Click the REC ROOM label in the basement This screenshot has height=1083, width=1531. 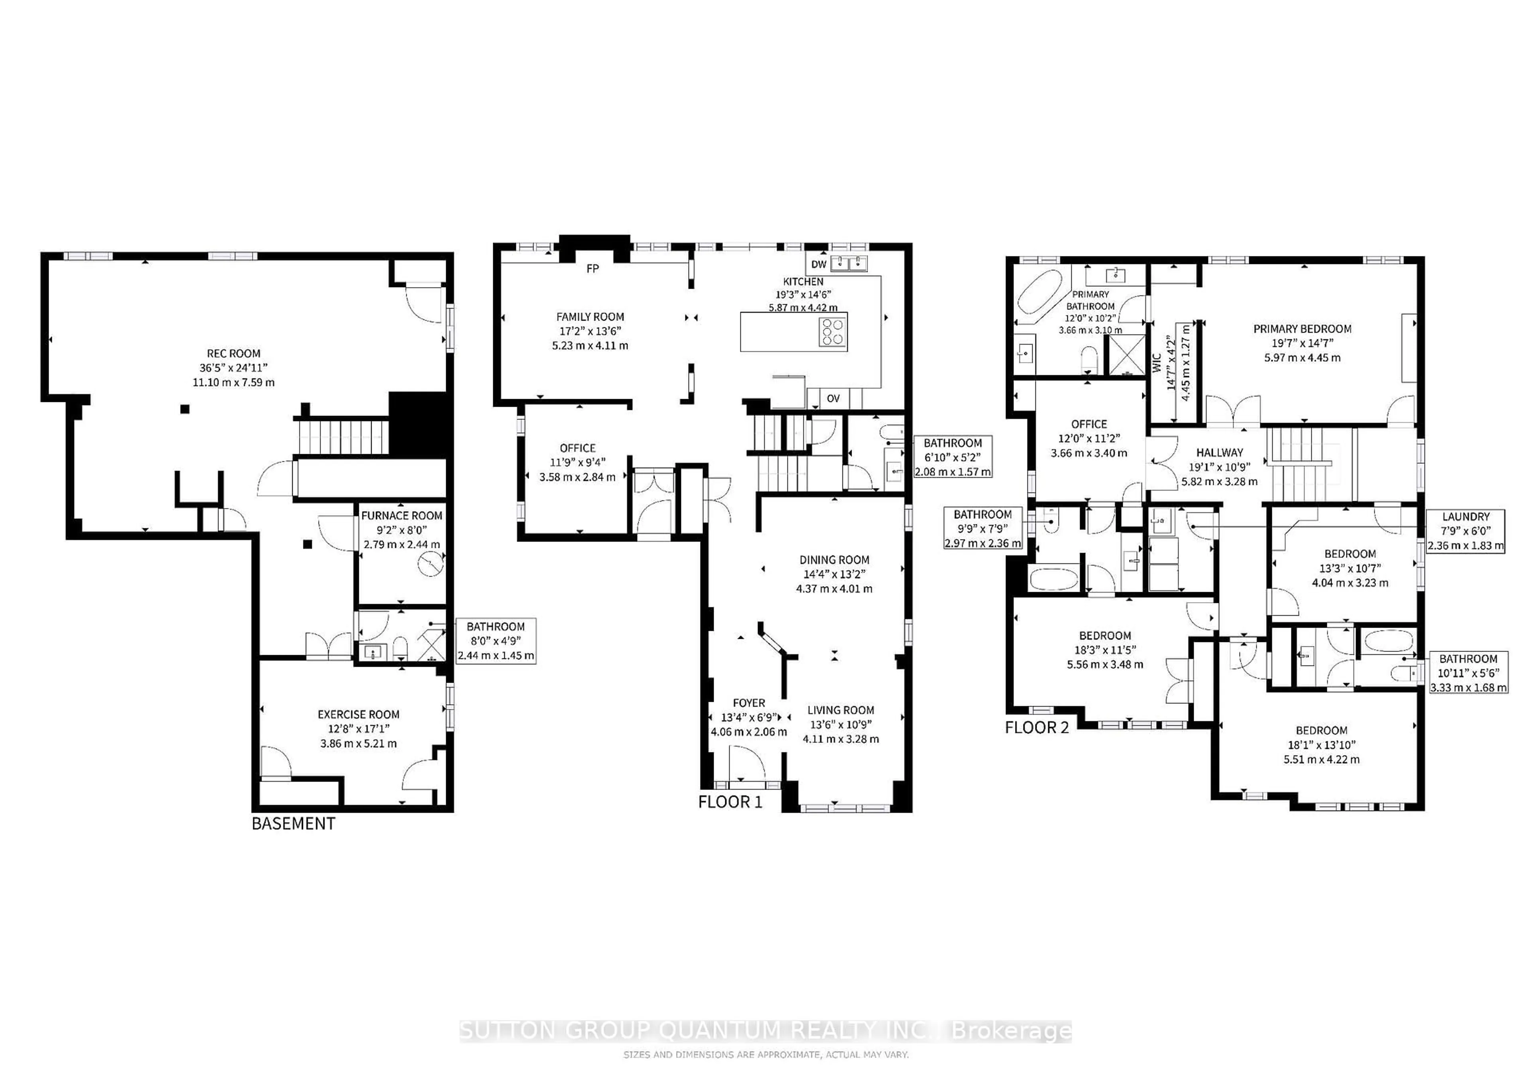tap(233, 353)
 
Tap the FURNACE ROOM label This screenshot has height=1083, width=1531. tap(401, 516)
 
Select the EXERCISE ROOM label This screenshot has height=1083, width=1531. tap(359, 714)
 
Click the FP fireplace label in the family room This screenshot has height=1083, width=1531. tap(592, 269)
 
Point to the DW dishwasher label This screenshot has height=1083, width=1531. tap(819, 264)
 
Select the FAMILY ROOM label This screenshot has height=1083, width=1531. tap(590, 317)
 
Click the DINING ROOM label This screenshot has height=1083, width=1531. tap(834, 560)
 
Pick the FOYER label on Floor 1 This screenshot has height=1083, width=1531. tap(749, 703)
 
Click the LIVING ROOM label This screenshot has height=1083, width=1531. tap(841, 710)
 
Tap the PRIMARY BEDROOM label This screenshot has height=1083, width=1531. tap(1302, 329)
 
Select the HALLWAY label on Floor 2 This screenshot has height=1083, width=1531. tap(1220, 452)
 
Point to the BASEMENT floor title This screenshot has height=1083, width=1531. tap(293, 823)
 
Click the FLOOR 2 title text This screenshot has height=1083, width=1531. tap(1037, 728)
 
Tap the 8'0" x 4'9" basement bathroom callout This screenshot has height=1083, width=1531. tap(496, 641)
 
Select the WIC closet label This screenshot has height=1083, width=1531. tap(1157, 363)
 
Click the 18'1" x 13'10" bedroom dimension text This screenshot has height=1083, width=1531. tap(1322, 745)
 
